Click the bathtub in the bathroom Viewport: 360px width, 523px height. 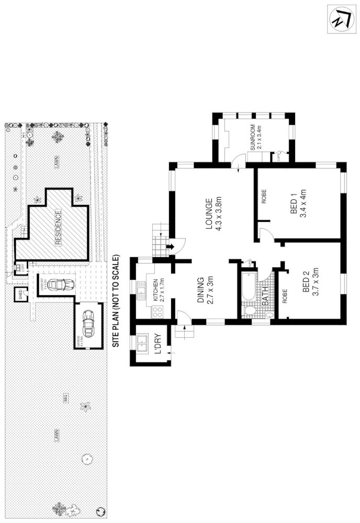point(249,286)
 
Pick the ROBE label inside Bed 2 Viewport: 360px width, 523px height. point(286,297)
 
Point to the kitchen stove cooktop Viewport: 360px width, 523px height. point(156,312)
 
